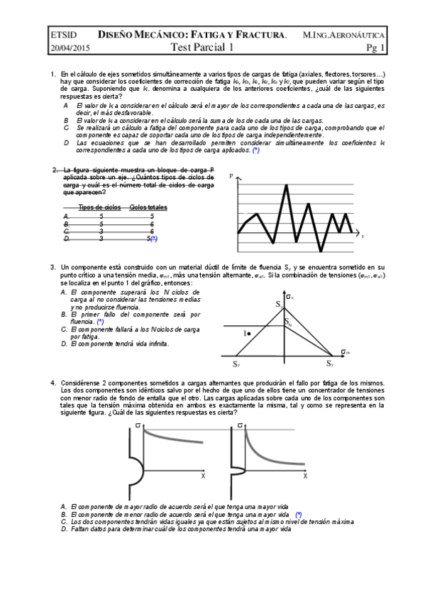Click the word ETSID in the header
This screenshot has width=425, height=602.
tap(64, 34)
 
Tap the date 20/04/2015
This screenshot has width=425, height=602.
tap(70, 48)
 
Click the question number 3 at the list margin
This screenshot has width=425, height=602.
tap(53, 267)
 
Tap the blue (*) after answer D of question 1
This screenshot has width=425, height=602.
tap(255, 150)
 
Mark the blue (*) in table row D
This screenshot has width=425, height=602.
tap(153, 239)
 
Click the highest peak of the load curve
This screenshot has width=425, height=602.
tap(286, 186)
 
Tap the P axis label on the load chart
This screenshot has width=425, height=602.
tap(231, 175)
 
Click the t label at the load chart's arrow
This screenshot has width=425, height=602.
tap(363, 236)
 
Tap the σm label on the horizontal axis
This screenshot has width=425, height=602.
tap(344, 351)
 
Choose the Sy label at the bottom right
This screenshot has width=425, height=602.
tap(330, 363)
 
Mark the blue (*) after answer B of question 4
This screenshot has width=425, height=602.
tap(299, 513)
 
